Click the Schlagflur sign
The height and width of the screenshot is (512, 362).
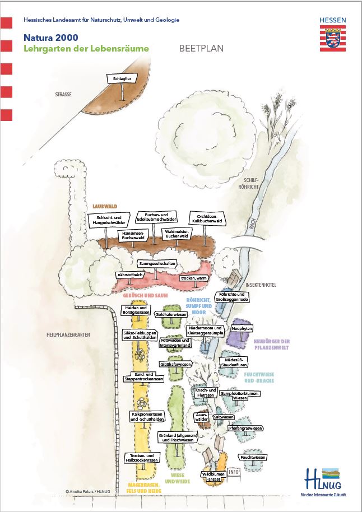[122, 80]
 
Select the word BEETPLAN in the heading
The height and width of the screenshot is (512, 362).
[201, 48]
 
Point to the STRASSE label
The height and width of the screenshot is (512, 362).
[63, 95]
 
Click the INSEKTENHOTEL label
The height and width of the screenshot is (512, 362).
[262, 285]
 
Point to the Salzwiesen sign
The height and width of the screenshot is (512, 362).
[223, 417]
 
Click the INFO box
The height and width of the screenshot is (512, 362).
[234, 472]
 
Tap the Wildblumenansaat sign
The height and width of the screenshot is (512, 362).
[213, 476]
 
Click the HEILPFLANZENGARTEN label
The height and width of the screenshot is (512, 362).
[68, 335]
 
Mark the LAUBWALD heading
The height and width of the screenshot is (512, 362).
[104, 206]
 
